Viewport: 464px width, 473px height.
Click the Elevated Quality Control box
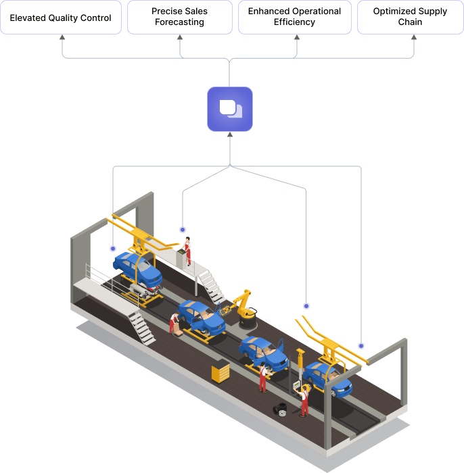(x=61, y=18)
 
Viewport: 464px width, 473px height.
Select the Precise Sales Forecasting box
(x=180, y=18)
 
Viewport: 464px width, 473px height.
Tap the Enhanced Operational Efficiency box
(x=295, y=18)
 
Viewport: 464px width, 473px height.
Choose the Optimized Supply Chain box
(x=410, y=18)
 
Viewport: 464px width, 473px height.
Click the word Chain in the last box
(x=410, y=22)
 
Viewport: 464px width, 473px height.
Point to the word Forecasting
(x=180, y=22)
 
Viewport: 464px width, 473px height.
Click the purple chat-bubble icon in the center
(x=230, y=109)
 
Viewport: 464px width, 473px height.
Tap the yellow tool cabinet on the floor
(x=221, y=371)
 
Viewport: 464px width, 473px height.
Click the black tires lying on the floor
(x=279, y=409)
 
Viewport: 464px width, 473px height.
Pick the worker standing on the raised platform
(x=187, y=251)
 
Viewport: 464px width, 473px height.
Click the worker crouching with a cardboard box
(x=175, y=322)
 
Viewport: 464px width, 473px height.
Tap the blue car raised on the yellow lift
(x=138, y=269)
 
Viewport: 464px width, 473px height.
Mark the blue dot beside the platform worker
(x=182, y=230)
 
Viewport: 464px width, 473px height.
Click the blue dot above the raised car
(x=112, y=249)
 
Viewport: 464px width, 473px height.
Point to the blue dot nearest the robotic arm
(x=306, y=306)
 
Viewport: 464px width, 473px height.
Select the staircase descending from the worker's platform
(x=212, y=287)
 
